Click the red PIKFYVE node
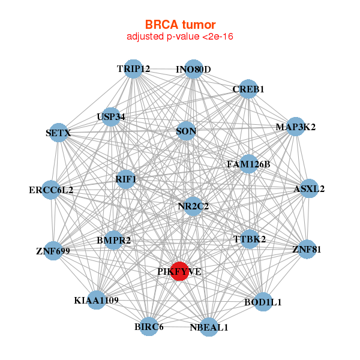pyautogui.click(x=179, y=271)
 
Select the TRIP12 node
pyautogui.click(x=133, y=69)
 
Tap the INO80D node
pyautogui.click(x=193, y=69)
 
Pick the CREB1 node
pyautogui.click(x=248, y=89)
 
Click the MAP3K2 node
pyautogui.click(x=295, y=127)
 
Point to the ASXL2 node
pyautogui.click(x=309, y=188)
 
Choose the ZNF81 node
pyautogui.click(x=307, y=249)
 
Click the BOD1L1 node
pyautogui.click(x=263, y=302)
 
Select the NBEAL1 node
pyautogui.click(x=209, y=327)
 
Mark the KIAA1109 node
pyautogui.click(x=97, y=299)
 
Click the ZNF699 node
pyautogui.click(x=53, y=250)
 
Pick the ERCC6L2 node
pyautogui.click(x=51, y=190)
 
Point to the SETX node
pyautogui.click(x=58, y=133)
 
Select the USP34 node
pyautogui.click(x=111, y=116)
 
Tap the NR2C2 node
pyautogui.click(x=193, y=206)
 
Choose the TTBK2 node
pyautogui.click(x=250, y=239)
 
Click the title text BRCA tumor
pyautogui.click(x=180, y=25)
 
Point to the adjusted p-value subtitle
pyautogui.click(x=180, y=37)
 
